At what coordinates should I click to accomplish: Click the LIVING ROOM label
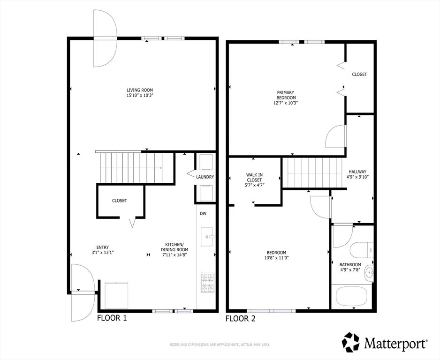(x=139, y=90)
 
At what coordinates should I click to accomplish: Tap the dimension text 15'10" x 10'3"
(x=139, y=96)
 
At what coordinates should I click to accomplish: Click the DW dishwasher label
(x=203, y=214)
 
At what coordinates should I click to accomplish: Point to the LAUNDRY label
(x=205, y=177)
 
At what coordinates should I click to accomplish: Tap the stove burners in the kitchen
(x=207, y=283)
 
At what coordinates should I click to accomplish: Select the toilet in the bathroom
(x=361, y=248)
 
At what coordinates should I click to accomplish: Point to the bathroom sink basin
(x=370, y=271)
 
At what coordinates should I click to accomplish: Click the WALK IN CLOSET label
(x=254, y=177)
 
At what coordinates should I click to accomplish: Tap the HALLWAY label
(x=357, y=172)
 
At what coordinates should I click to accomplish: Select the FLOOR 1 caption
(x=112, y=318)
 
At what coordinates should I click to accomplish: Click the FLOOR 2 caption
(x=241, y=319)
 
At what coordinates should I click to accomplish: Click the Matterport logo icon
(x=351, y=342)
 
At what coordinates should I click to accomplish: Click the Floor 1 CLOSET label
(x=119, y=201)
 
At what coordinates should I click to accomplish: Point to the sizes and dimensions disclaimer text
(x=220, y=345)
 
